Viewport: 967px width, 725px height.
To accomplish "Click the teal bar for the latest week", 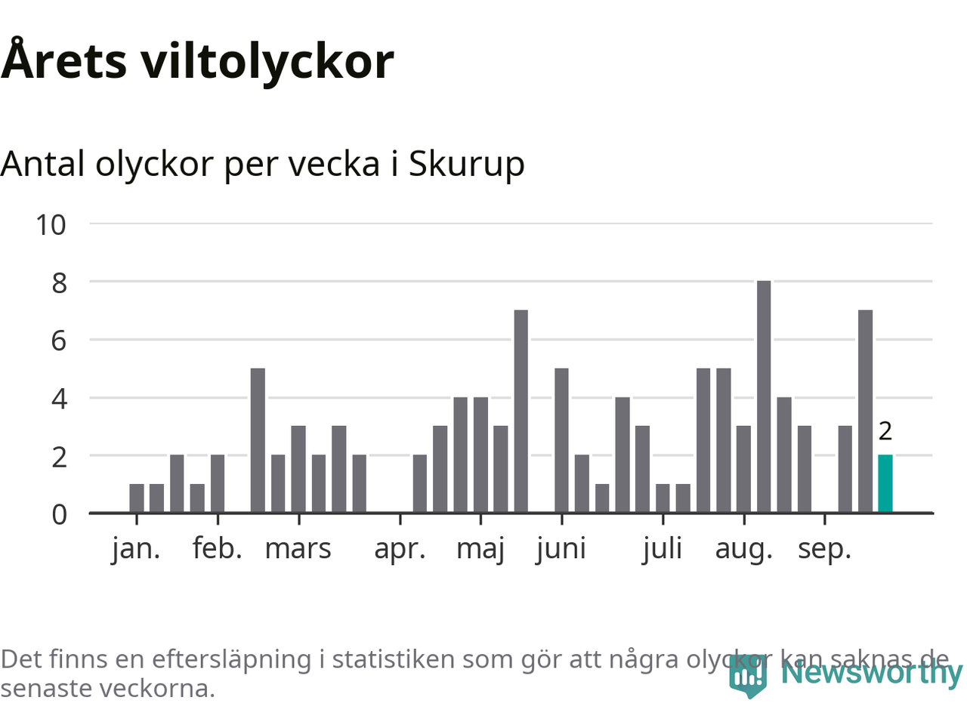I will coord(885,484).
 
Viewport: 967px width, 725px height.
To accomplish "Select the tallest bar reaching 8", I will coord(764,396).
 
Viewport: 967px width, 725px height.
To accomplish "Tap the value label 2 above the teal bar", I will coord(885,431).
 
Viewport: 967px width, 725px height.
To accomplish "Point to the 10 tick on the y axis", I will coord(51,224).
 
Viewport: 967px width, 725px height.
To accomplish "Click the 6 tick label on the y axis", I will coord(59,341).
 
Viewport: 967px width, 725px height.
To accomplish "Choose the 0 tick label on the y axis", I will coord(59,514).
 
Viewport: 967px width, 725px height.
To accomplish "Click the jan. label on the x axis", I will coord(136,549).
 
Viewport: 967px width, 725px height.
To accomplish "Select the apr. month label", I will coord(400,549).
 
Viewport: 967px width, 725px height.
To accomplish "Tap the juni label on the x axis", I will coord(561,549).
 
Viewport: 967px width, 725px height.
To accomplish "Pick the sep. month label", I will coord(824,549).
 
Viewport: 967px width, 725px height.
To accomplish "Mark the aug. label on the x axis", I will coord(744,549).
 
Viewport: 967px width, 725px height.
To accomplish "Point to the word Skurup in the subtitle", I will coord(466,164).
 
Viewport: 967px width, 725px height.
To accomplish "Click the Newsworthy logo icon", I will coord(748,674).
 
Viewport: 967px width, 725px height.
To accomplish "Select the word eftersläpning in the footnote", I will coord(231,659).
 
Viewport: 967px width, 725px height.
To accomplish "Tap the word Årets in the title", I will coord(64,60).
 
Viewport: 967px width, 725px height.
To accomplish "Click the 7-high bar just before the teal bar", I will coord(865,412).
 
